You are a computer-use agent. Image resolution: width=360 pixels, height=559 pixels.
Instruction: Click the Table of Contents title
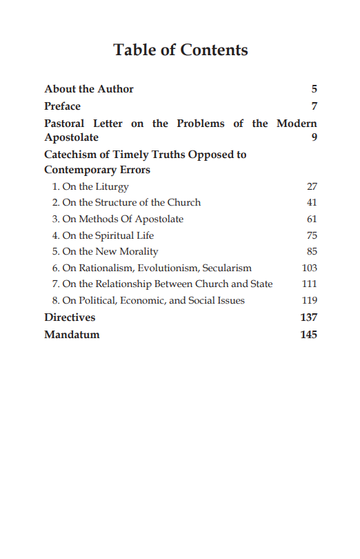(180, 50)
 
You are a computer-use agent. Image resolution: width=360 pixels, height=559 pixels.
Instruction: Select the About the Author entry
(89, 89)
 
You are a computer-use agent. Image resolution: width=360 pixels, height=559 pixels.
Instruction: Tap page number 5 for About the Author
(314, 89)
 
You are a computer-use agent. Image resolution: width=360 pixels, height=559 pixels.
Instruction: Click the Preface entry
(62, 106)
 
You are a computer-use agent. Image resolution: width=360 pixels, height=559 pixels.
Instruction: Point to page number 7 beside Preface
(314, 106)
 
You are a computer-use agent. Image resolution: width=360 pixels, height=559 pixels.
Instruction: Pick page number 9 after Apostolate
(314, 137)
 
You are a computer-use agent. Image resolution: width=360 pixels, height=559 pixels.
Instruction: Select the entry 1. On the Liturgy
(90, 186)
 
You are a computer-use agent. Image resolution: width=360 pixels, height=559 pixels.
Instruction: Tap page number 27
(312, 186)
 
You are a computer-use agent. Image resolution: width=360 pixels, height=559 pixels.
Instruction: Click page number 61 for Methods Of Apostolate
(312, 219)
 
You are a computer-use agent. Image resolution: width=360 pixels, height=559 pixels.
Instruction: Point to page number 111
(310, 284)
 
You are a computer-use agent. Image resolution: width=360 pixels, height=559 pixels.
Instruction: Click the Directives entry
(70, 317)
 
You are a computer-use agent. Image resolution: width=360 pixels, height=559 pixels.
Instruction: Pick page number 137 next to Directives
(308, 317)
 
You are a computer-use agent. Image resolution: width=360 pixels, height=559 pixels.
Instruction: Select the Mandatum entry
(72, 335)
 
